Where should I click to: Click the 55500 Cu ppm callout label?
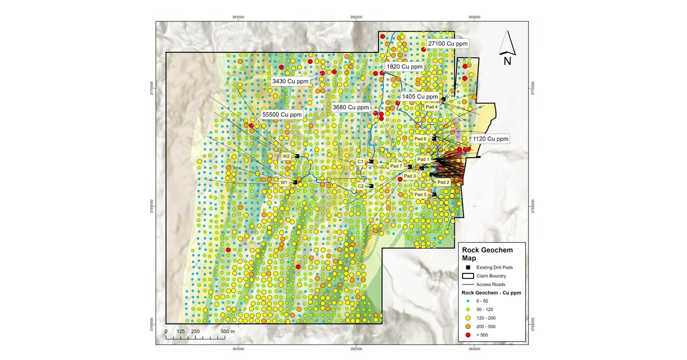pyautogui.click(x=282, y=115)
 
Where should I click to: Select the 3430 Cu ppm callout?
pyautogui.click(x=292, y=81)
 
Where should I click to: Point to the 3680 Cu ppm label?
pyautogui.click(x=351, y=107)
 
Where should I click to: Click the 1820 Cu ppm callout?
pyautogui.click(x=405, y=66)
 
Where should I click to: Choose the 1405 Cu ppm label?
pyautogui.click(x=421, y=97)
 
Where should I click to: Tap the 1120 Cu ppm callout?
pyautogui.click(x=490, y=139)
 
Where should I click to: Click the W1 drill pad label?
pyautogui.click(x=284, y=183)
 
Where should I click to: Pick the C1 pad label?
pyautogui.click(x=360, y=162)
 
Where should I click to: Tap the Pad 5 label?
pyautogui.click(x=421, y=195)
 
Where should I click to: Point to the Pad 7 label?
pyautogui.click(x=396, y=166)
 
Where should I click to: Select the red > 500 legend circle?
pyautogui.click(x=468, y=335)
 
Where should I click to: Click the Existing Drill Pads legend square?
pyautogui.click(x=468, y=267)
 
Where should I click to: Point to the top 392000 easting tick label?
pyautogui.click(x=356, y=17)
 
